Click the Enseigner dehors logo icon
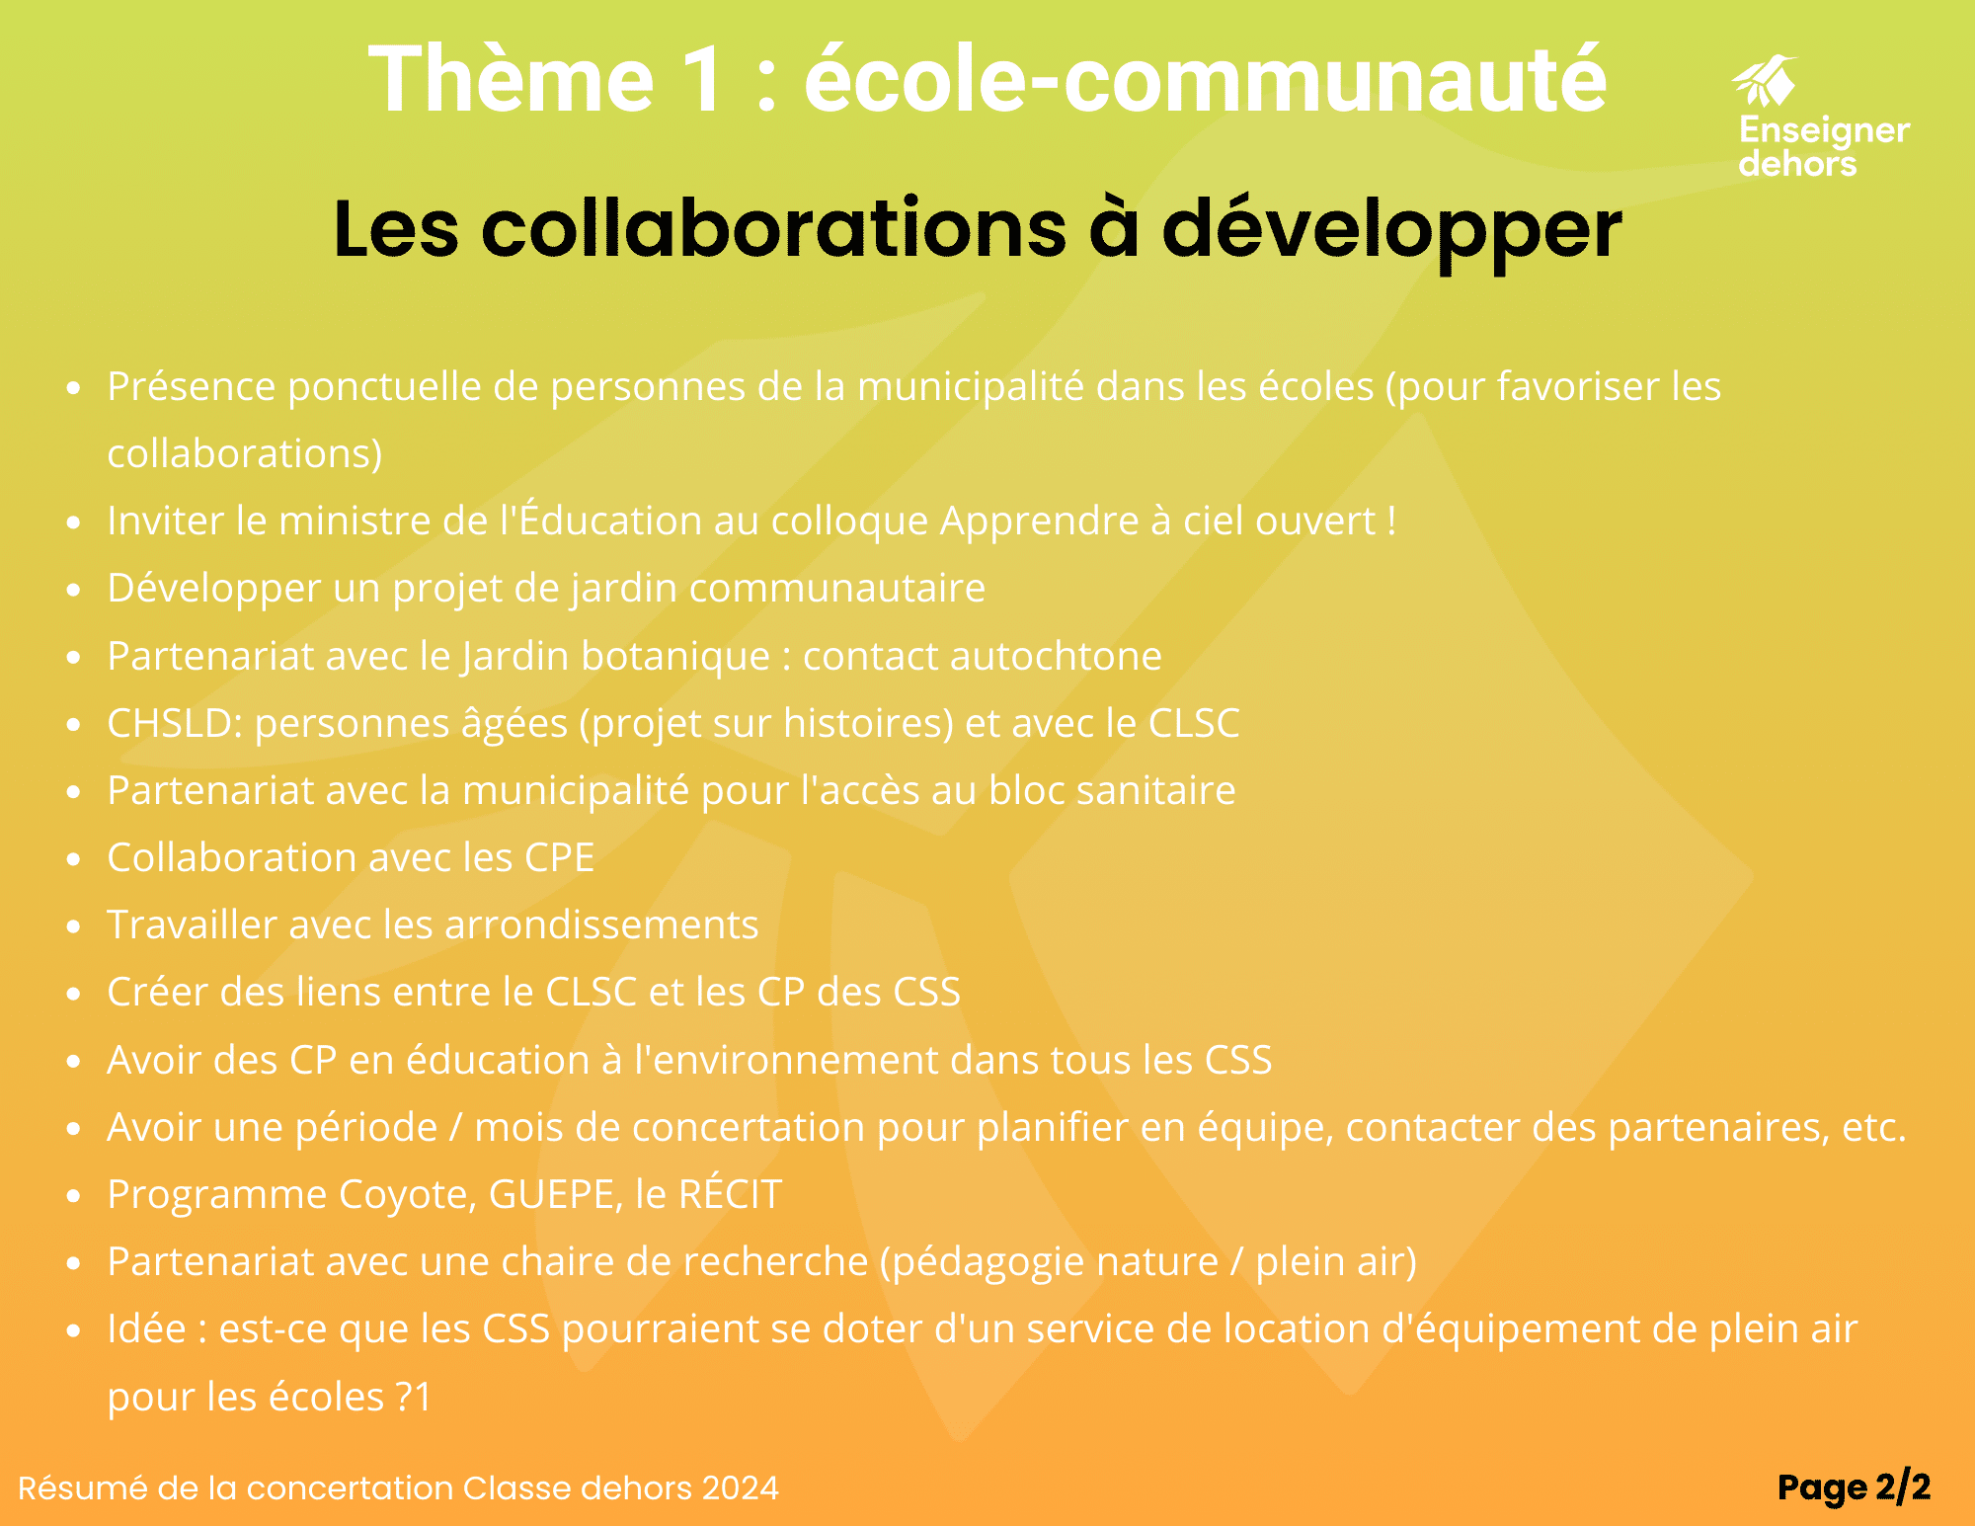tap(1765, 80)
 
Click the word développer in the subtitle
tap(1391, 230)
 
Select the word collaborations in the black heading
tap(774, 228)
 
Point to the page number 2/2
tap(1902, 1486)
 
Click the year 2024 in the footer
tap(740, 1487)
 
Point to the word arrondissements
tap(601, 925)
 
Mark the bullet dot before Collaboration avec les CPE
tap(73, 859)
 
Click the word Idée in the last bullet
tap(146, 1328)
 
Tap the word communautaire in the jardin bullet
tap(837, 589)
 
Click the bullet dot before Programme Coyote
tap(73, 1196)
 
